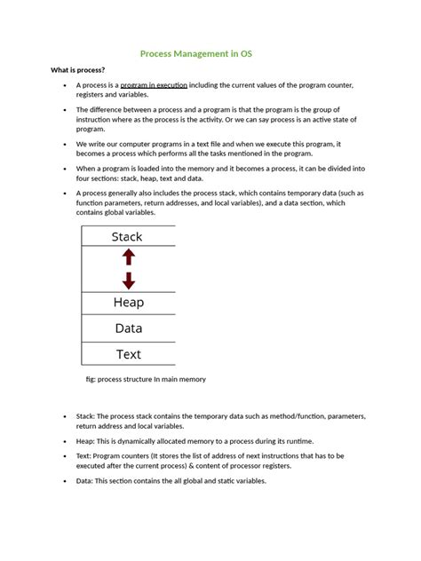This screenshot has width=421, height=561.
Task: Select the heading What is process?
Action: (78, 70)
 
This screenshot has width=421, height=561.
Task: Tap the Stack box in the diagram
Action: (127, 236)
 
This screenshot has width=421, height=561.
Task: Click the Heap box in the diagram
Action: (128, 303)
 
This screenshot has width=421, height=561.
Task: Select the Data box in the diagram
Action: (128, 328)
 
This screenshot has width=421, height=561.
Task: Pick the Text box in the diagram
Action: (128, 354)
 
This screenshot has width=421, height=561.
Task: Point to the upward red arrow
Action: (128, 257)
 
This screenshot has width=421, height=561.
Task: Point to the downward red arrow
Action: (128, 280)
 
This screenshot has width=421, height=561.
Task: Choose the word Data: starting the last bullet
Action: (85, 480)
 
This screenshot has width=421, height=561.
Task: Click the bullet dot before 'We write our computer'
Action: (66, 142)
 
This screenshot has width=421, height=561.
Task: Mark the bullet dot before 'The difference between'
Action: (66, 110)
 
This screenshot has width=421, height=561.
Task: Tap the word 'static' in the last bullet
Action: (218, 480)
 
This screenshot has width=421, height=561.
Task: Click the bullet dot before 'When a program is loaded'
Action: (66, 168)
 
